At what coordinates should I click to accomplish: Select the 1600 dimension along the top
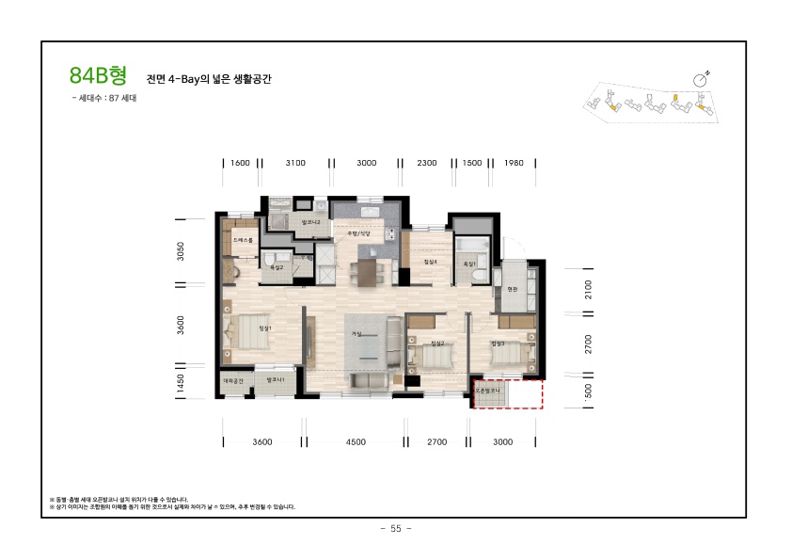(x=240, y=163)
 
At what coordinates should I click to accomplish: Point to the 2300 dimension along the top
(x=426, y=163)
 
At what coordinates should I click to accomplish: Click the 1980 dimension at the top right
(x=513, y=163)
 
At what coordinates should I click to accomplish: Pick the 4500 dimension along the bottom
(x=355, y=441)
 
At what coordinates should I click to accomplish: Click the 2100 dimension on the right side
(x=589, y=288)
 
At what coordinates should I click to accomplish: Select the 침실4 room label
(x=431, y=262)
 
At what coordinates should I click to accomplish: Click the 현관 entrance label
(x=512, y=290)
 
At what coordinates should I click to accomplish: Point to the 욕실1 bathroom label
(x=468, y=264)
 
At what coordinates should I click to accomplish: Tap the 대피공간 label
(x=233, y=380)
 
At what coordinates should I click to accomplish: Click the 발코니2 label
(x=311, y=222)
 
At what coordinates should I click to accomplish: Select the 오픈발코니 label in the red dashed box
(x=490, y=388)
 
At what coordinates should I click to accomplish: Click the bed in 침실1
(x=244, y=334)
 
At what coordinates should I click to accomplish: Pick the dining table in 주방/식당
(x=364, y=273)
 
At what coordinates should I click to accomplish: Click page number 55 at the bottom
(x=395, y=529)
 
